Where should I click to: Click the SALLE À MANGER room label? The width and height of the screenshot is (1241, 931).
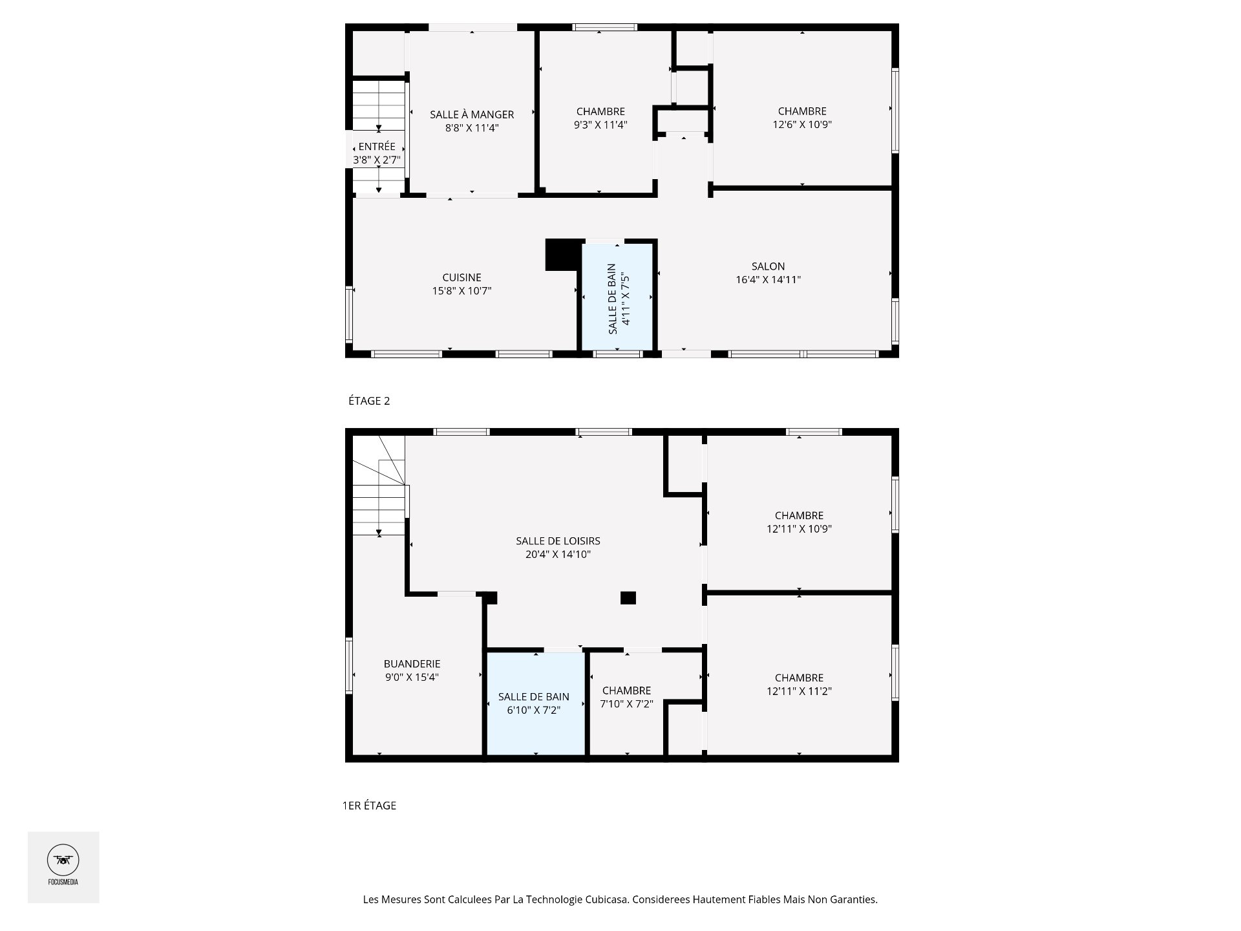click(472, 114)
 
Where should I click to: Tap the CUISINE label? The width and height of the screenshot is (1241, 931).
click(461, 277)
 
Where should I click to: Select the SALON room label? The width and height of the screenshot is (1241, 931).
click(768, 266)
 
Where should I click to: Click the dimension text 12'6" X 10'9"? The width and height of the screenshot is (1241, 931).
click(802, 125)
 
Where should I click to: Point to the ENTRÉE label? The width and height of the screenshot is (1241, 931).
click(377, 147)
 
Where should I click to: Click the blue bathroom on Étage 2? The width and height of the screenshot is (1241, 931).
click(617, 297)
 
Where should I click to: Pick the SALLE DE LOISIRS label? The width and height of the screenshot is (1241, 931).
click(558, 540)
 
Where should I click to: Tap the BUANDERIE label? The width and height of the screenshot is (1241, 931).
click(412, 663)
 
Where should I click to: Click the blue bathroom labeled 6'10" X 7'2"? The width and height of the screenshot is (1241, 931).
click(535, 703)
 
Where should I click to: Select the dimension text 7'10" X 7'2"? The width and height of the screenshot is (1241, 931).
click(626, 704)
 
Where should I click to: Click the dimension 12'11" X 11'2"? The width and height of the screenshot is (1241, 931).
click(799, 691)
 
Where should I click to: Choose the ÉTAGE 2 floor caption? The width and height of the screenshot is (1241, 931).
click(369, 401)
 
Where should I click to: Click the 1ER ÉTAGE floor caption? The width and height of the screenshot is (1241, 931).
click(369, 806)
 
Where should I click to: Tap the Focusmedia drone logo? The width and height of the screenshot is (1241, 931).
click(63, 860)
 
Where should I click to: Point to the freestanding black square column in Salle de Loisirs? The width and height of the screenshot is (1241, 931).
click(628, 598)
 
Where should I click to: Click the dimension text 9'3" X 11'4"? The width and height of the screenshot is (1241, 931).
click(600, 125)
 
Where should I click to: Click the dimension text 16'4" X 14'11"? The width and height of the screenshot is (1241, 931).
click(768, 280)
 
